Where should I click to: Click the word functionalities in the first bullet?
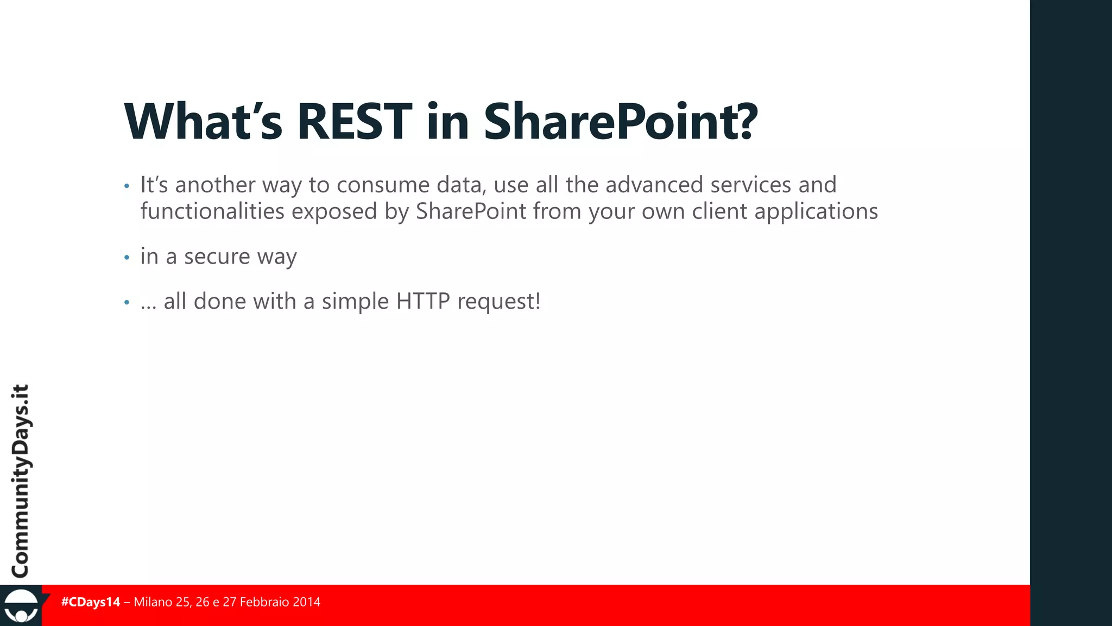[212, 211]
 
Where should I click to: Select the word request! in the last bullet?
[499, 302]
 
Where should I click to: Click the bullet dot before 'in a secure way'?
[127, 257]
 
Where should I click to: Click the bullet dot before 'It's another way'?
[127, 186]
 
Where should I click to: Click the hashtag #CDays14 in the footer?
[91, 602]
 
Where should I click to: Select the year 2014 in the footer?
[306, 602]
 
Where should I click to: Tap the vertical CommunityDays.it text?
[21, 481]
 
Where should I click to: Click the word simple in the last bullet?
[355, 302]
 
